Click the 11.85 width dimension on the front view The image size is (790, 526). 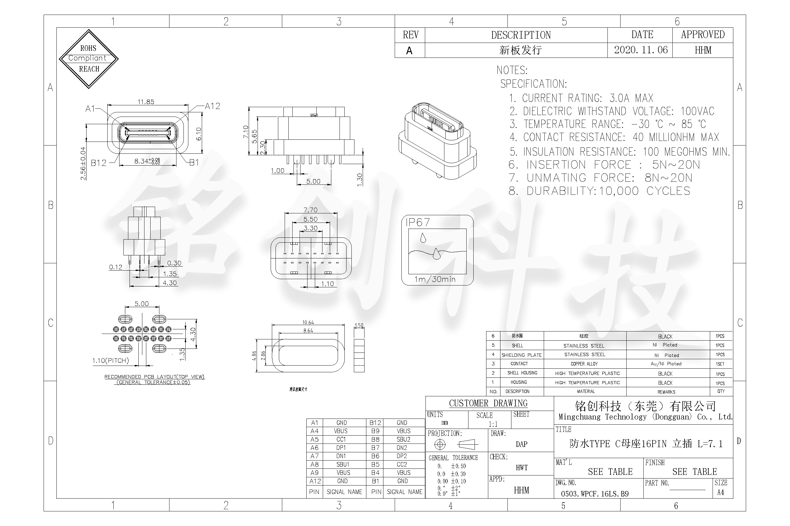pyautogui.click(x=146, y=102)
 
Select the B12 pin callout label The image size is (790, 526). pyautogui.click(x=98, y=163)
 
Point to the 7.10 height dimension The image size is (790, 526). pyautogui.click(x=246, y=131)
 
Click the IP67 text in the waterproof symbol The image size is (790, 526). pyautogui.click(x=418, y=223)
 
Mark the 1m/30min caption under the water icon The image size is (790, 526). pyautogui.click(x=435, y=279)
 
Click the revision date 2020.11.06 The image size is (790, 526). pyautogui.click(x=641, y=50)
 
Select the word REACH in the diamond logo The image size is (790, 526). pyautogui.click(x=89, y=69)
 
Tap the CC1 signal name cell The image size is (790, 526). pyautogui.click(x=341, y=440)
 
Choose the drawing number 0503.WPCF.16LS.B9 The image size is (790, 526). pyautogui.click(x=595, y=494)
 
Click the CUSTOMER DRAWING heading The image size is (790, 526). pyautogui.click(x=488, y=403)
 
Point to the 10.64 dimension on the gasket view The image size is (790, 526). pyautogui.click(x=308, y=322)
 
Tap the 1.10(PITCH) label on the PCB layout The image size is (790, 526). pyautogui.click(x=111, y=361)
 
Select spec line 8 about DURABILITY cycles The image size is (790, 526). pyautogui.click(x=599, y=191)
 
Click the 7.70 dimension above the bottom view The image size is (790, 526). pyautogui.click(x=310, y=210)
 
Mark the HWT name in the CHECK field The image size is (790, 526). pyautogui.click(x=521, y=468)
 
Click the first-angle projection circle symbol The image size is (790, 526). pyautogui.click(x=440, y=444)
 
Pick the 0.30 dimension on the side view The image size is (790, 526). pyautogui.click(x=174, y=263)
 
